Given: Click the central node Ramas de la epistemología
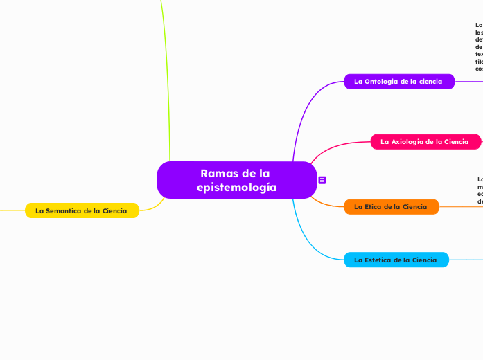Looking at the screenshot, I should (x=236, y=180).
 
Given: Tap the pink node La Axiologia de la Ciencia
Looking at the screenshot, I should (x=425, y=142).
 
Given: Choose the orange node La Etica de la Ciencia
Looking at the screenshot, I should (x=391, y=207).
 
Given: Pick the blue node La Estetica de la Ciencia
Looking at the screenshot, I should (x=396, y=260).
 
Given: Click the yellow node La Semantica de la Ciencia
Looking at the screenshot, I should (x=82, y=210).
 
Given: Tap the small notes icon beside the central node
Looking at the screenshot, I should (x=322, y=180).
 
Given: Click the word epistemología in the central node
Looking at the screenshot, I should (x=236, y=188).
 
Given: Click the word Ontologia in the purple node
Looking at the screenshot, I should (x=385, y=82).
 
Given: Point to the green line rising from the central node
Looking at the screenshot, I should (x=166, y=83).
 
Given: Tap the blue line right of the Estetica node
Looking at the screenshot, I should (x=466, y=260).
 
